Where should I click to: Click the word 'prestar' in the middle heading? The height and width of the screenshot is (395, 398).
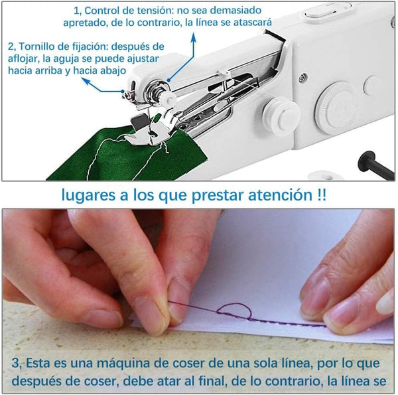tap(218, 195)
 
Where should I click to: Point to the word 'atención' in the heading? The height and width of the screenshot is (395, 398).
tap(280, 195)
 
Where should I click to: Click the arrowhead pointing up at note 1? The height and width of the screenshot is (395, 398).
tap(194, 37)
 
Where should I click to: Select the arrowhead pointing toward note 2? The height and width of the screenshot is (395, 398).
tap(86, 81)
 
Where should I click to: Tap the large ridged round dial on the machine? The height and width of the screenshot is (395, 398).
tap(337, 107)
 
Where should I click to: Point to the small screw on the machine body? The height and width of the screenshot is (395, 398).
tap(302, 77)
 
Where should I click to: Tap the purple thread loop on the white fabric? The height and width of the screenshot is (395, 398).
tap(234, 311)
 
